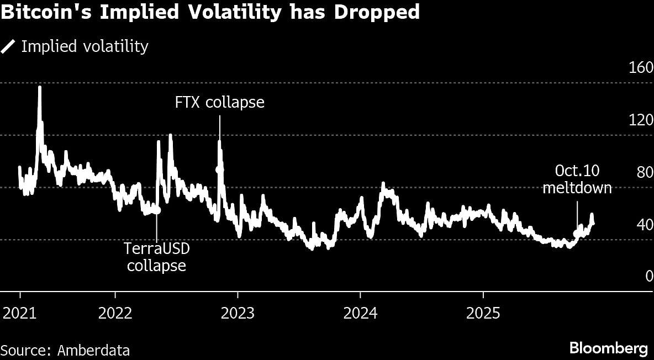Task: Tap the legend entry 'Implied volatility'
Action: [85, 46]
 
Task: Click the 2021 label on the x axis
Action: [20, 314]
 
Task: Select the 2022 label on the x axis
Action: [115, 314]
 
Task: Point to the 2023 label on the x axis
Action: [238, 314]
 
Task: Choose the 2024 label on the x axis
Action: [360, 314]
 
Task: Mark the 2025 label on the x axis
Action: [483, 314]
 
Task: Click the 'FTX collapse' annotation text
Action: [219, 103]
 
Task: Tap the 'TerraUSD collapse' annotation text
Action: [157, 257]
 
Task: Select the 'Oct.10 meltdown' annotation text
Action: [577, 179]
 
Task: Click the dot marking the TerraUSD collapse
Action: [157, 210]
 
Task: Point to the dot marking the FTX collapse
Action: [219, 170]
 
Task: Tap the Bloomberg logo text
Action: [609, 349]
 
